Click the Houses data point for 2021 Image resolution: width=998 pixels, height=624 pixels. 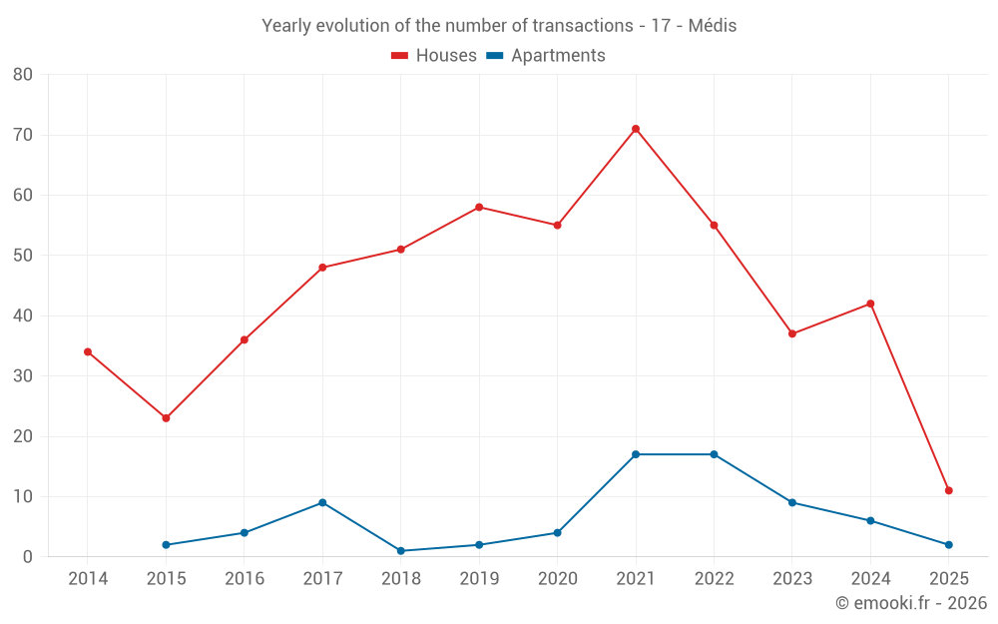coord(636,129)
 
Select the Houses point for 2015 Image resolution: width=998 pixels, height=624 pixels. coord(166,418)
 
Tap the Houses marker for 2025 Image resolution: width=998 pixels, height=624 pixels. coord(949,490)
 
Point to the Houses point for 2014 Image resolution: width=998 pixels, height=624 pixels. coord(88,351)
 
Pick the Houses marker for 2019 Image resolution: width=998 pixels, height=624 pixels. coord(479,207)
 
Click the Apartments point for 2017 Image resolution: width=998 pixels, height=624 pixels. coord(322,502)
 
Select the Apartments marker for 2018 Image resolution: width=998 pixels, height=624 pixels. coord(401,551)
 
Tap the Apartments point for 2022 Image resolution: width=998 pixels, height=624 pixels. coord(714,454)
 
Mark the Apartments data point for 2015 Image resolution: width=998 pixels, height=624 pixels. coord(166,545)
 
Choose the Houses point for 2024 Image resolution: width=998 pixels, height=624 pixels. coord(870,304)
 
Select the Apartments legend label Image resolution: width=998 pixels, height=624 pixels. coord(558,56)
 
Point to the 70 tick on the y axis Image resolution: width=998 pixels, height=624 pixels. coord(23,135)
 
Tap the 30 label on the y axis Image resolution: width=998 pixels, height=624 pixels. coord(23,376)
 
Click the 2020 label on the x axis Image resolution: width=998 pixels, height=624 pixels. coord(557,579)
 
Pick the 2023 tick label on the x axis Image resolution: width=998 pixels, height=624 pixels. coord(792,579)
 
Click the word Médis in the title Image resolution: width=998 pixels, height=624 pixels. coord(713,26)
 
